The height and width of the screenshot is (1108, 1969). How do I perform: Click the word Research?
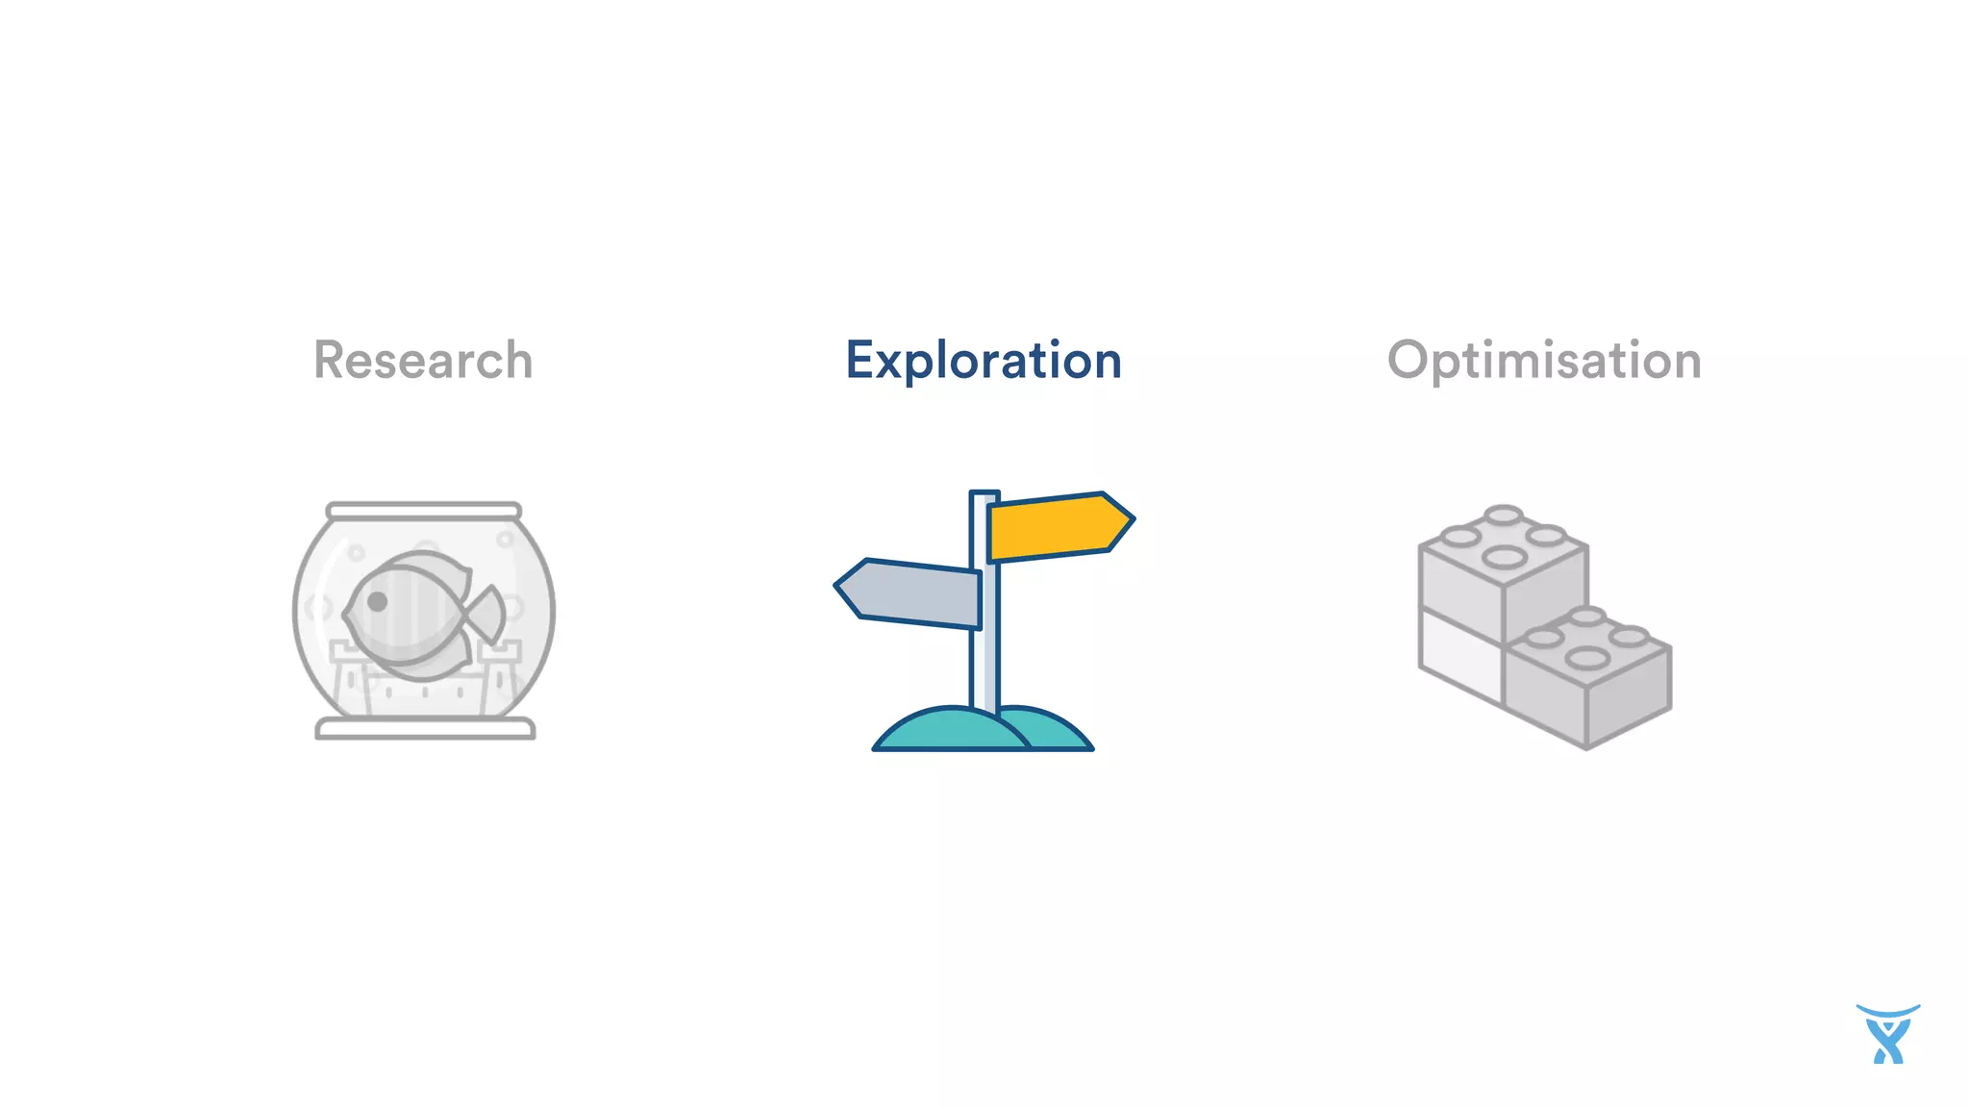pos(423,361)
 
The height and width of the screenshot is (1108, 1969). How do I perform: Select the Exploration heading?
pos(984,361)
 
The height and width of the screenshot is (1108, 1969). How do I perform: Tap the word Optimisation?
pos(1544,361)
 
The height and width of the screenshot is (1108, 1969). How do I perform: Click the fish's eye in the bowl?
pos(378,602)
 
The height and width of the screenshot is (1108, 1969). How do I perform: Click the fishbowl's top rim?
pos(424,511)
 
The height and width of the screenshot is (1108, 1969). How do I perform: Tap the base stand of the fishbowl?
pos(425,729)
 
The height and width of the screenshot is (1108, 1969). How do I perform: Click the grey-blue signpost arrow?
pos(909,592)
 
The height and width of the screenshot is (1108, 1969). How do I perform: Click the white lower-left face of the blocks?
pos(1459,654)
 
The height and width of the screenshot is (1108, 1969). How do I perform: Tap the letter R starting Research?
pos(330,361)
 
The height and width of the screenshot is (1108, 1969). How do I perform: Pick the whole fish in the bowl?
pos(418,611)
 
